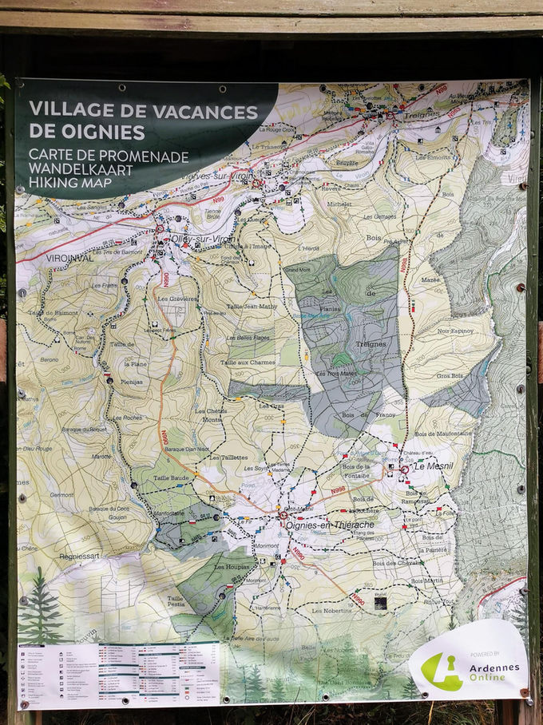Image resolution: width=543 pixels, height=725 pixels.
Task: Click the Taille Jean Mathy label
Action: (252, 306)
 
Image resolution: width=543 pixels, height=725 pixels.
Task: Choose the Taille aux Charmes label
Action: (248, 362)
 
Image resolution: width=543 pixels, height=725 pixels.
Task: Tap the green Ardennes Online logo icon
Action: (441, 671)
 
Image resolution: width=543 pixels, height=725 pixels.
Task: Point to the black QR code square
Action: (380, 603)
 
